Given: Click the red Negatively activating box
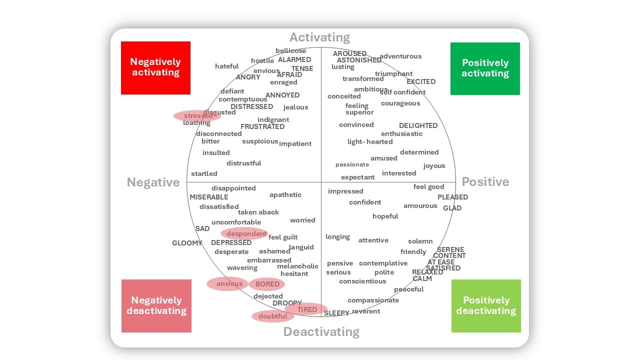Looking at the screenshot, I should (x=155, y=67).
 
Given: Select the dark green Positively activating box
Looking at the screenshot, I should (x=485, y=68).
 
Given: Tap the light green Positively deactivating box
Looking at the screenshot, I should (x=486, y=305).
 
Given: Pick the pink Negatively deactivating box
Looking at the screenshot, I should (x=156, y=305).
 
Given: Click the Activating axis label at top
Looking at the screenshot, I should (x=319, y=37).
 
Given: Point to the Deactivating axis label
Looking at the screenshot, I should (x=321, y=332).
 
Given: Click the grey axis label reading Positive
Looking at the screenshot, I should (x=485, y=181).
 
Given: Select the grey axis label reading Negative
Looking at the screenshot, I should (x=153, y=182).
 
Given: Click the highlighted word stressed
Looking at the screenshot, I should (x=197, y=116).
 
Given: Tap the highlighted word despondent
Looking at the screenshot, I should (x=246, y=233).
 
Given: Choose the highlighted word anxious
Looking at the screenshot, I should (x=229, y=284).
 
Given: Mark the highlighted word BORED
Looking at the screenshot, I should (x=267, y=284).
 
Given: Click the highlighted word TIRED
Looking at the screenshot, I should (x=307, y=309).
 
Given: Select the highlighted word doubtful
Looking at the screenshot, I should (x=272, y=316).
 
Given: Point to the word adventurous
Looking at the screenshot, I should (x=400, y=56).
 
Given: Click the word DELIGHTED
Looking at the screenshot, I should (x=418, y=125).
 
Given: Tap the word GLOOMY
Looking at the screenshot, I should (x=187, y=243).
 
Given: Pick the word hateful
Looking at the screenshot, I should (x=226, y=66).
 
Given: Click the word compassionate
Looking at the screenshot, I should (x=373, y=300).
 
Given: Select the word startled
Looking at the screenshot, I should (x=204, y=173).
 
